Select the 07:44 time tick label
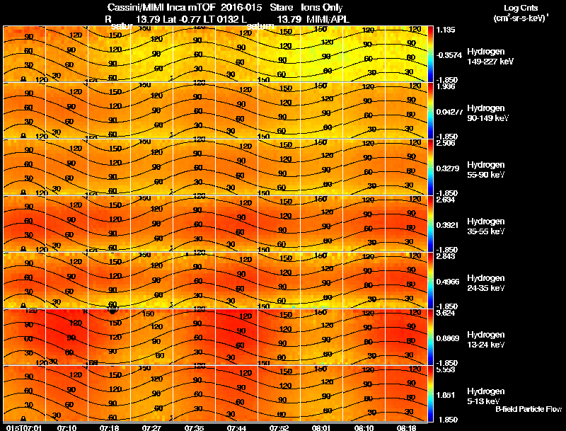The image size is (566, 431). pyautogui.click(x=236, y=427)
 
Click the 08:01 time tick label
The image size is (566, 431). pyautogui.click(x=321, y=427)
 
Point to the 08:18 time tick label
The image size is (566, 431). pyautogui.click(x=405, y=427)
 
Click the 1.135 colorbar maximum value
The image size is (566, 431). pyautogui.click(x=445, y=30)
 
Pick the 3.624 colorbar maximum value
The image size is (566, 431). pyautogui.click(x=445, y=313)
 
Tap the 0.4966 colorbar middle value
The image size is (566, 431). pyautogui.click(x=446, y=281)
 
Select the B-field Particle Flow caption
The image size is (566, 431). pyautogui.click(x=528, y=409)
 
